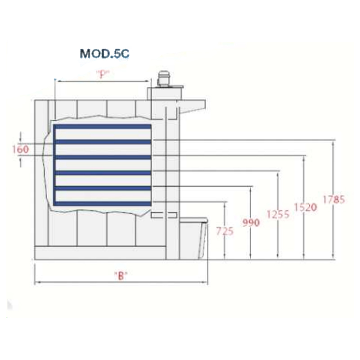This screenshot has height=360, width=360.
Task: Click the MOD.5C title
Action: [104, 54]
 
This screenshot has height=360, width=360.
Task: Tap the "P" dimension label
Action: [103, 74]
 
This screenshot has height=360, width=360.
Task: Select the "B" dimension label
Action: [121, 275]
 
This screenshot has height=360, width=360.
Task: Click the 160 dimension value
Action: [21, 149]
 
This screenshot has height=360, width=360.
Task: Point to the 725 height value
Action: [225, 231]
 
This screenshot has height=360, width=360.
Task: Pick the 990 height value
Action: [251, 222]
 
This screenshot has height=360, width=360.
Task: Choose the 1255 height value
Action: [278, 214]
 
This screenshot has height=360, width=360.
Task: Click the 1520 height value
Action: [306, 207]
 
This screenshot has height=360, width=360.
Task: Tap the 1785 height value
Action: [334, 199]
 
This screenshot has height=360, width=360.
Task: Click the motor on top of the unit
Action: [163, 78]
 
